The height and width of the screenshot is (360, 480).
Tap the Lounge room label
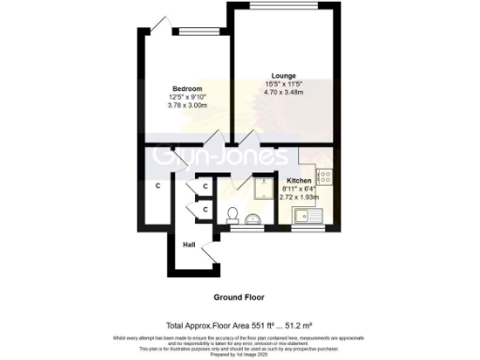pyautogui.click(x=284, y=76)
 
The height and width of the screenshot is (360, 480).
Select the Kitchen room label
pyautogui.click(x=300, y=179)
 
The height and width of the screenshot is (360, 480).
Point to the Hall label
pyautogui.click(x=189, y=243)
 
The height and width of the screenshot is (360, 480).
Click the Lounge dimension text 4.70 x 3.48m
pyautogui.click(x=284, y=92)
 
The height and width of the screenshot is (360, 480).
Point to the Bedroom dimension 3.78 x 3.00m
pyautogui.click(x=187, y=106)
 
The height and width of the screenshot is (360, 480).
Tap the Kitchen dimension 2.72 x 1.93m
pyautogui.click(x=300, y=197)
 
